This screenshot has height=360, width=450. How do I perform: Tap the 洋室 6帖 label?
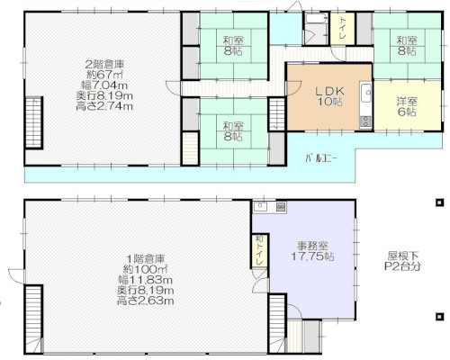coord(406,106)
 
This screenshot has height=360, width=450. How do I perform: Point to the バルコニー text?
coord(319,157)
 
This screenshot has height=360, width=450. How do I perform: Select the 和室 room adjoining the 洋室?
coord(406,45)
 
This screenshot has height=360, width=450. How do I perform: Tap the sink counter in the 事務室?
coord(269,208)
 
